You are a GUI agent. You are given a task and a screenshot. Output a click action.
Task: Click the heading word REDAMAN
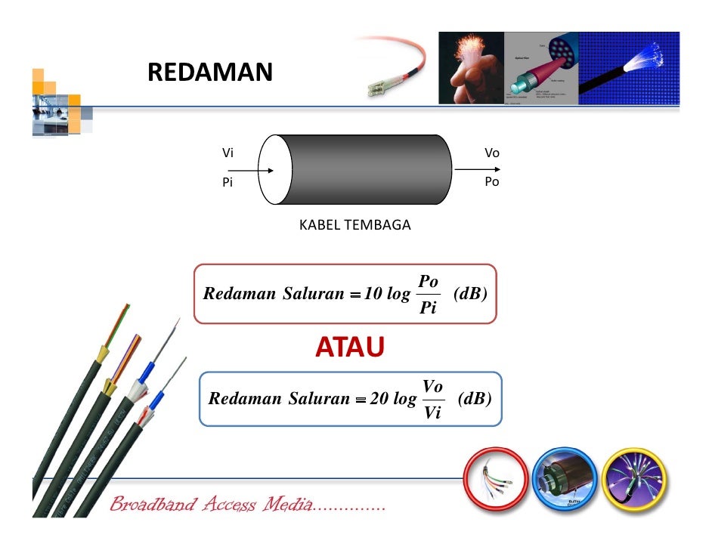209,73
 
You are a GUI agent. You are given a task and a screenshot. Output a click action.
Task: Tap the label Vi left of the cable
227,153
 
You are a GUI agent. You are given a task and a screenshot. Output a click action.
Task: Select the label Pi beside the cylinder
227,183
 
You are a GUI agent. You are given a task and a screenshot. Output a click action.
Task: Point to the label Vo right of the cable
491,153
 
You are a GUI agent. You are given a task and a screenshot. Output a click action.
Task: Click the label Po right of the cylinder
491,183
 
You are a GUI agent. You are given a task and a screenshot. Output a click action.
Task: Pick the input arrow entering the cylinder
257,170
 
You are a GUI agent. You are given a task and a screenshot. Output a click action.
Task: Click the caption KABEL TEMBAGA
354,225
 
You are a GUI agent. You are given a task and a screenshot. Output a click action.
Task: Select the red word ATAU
349,348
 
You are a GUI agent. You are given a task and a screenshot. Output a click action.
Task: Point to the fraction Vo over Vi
432,398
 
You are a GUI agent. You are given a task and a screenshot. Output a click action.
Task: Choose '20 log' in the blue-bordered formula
393,399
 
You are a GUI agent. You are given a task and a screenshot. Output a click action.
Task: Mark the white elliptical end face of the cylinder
275,170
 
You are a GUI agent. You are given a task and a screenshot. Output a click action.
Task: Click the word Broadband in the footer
153,505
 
